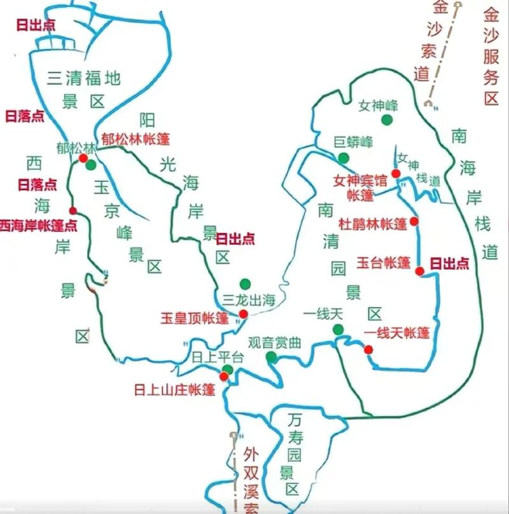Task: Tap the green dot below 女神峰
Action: pos(386,120)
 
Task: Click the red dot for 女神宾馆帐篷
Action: pos(396,173)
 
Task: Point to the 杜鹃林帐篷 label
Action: pos(372,223)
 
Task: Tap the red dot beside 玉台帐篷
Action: pos(419,271)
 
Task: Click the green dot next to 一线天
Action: pos(338,329)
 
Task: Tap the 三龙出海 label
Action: pos(249,300)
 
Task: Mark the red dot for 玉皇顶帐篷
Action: pos(243,314)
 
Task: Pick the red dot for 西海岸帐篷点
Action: pos(73,211)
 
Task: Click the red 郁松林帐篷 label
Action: pos(136,138)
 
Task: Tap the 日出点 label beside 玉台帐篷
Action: pos(450,263)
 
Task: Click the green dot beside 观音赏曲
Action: pos(272,358)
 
